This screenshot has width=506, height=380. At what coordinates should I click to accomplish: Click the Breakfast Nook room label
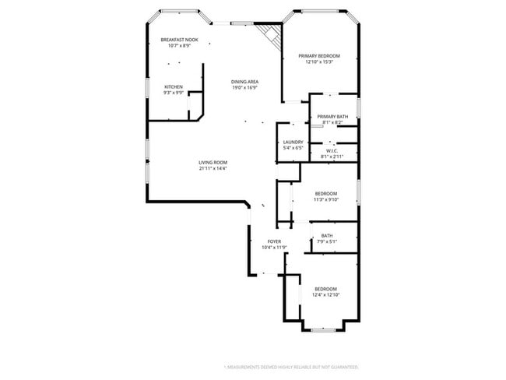click(179, 40)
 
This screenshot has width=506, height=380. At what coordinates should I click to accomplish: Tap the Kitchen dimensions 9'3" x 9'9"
click(174, 93)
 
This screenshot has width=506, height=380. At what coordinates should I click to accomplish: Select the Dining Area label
click(244, 82)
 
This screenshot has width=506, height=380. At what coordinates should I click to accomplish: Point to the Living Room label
click(213, 162)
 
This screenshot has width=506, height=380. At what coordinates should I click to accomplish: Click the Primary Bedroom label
click(319, 56)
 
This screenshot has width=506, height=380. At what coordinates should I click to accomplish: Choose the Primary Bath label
click(332, 117)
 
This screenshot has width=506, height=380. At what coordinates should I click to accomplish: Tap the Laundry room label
click(293, 142)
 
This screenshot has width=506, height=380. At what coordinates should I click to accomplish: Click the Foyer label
click(274, 241)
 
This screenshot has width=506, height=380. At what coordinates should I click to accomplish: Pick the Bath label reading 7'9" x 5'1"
click(327, 236)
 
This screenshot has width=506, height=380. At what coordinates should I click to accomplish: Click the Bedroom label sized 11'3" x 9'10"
click(325, 193)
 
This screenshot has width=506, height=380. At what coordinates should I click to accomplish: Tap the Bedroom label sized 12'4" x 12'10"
click(325, 289)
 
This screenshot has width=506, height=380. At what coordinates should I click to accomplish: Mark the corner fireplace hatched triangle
click(269, 33)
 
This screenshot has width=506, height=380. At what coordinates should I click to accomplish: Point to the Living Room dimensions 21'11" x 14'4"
click(213, 168)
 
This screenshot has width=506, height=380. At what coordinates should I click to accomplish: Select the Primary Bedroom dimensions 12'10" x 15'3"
click(319, 62)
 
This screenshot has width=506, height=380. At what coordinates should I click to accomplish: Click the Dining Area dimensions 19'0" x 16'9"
click(244, 88)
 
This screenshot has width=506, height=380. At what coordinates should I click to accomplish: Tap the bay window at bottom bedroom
click(322, 328)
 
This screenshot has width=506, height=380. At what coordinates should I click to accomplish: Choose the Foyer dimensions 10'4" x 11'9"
click(274, 248)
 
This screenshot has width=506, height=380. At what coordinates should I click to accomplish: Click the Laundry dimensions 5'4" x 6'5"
click(293, 148)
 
